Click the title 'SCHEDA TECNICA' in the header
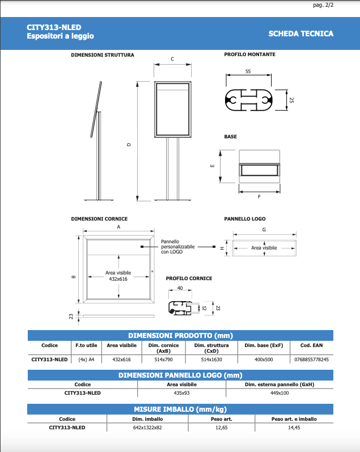pos(300,33)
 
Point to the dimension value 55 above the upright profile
pos(248,71)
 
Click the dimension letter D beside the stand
pos(129,145)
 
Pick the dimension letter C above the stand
pos(172,59)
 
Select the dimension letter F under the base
pos(259,197)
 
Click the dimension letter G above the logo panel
pos(264,230)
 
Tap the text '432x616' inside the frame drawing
pos(118,279)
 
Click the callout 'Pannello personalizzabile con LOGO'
pos(177,246)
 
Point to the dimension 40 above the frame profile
pos(180,289)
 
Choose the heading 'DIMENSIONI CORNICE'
pos(99,219)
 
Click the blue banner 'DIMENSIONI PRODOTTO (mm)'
pos(180,335)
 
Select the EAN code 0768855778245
pos(312,359)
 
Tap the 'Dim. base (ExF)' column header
pos(264,345)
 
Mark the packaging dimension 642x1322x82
pos(143,427)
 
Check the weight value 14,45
pos(294,427)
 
